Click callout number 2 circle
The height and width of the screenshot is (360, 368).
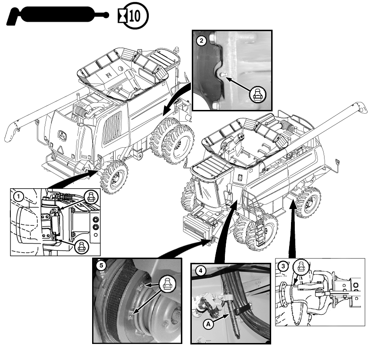click(x=202, y=41)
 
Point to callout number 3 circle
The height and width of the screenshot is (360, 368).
click(x=283, y=266)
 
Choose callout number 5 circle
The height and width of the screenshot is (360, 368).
click(x=100, y=266)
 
